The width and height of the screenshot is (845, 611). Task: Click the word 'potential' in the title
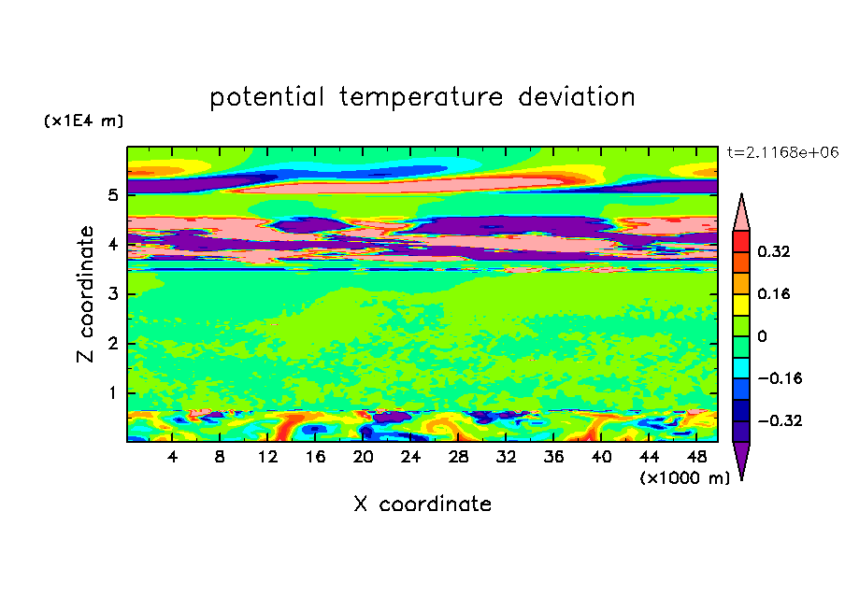tap(266, 98)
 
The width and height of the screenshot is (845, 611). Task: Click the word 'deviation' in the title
tap(576, 97)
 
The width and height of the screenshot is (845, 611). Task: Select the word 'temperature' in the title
tap(421, 98)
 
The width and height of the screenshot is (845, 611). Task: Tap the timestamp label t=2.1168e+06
tap(782, 152)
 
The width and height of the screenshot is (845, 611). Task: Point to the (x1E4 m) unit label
tap(83, 121)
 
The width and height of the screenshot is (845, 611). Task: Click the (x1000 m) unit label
tap(684, 478)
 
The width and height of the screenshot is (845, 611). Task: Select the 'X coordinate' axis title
tap(422, 504)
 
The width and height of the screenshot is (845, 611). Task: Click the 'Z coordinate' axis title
tap(85, 293)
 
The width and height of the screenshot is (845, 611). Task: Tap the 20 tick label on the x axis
tap(363, 457)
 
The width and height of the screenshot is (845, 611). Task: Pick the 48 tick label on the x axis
tap(696, 457)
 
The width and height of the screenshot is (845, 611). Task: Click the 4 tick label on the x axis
tap(172, 457)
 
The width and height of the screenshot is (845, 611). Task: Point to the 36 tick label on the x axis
tap(553, 457)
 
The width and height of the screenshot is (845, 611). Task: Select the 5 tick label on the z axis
tap(112, 194)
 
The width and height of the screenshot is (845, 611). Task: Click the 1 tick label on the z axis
tap(112, 392)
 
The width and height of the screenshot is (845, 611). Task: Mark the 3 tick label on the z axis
tap(112, 293)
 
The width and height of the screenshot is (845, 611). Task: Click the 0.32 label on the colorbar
tap(773, 251)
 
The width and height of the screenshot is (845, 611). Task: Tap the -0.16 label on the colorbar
tap(780, 378)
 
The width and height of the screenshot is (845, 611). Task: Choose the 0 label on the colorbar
tap(762, 336)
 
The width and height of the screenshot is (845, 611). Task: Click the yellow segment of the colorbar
tap(741, 305)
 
